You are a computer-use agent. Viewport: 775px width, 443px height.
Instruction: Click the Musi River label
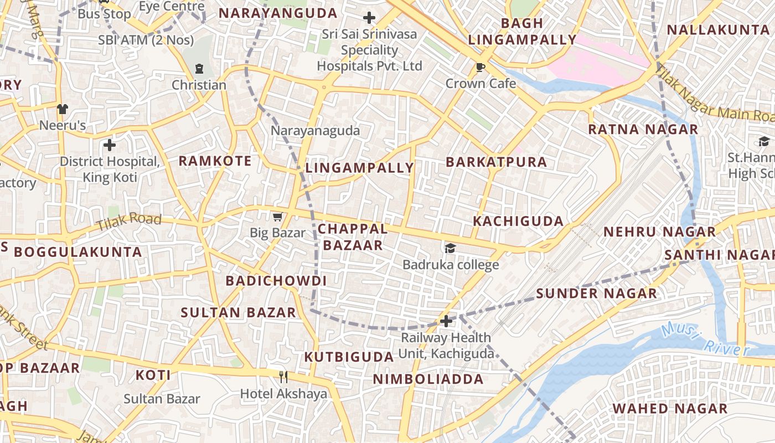point(704,339)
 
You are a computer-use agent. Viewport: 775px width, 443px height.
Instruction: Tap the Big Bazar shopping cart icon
point(277,217)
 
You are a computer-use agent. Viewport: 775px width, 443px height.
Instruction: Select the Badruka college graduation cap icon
point(450,248)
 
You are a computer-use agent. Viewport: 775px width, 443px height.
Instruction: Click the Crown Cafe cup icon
point(480,68)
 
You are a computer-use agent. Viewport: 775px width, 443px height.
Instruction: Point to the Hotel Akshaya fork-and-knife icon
point(283,377)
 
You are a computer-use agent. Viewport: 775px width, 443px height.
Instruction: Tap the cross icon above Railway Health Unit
point(446,321)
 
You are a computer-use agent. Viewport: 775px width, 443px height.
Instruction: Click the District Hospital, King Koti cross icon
point(110,145)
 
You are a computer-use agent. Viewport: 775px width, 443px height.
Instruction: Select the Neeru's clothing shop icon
point(62,109)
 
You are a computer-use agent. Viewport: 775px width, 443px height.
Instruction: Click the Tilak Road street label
point(128,222)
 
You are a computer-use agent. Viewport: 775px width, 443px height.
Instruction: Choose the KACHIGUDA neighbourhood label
point(518,221)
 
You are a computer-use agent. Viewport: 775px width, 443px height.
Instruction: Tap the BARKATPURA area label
point(496,162)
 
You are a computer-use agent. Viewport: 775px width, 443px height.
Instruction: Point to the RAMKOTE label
point(215,161)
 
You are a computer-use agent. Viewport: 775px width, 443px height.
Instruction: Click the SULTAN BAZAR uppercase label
point(239,312)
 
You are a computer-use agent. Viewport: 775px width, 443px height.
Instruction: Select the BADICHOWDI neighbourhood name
point(276,281)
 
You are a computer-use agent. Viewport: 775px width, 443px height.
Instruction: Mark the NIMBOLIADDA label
point(428,379)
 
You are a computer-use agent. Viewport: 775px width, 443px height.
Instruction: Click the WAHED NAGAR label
point(670,409)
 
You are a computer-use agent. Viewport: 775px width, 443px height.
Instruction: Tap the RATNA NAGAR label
point(643,130)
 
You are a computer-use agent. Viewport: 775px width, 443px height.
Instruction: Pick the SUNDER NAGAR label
point(596,293)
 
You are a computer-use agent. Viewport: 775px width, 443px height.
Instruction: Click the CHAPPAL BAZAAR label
point(353,237)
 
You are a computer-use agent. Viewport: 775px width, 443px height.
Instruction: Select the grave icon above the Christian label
point(199,69)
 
